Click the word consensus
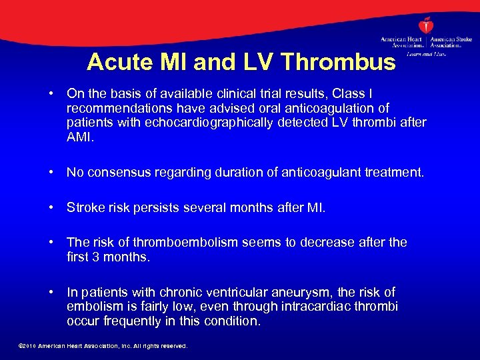(119, 173)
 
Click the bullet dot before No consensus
(52, 173)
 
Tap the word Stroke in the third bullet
(85, 207)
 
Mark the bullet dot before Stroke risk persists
(52, 207)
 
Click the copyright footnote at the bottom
(103, 347)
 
